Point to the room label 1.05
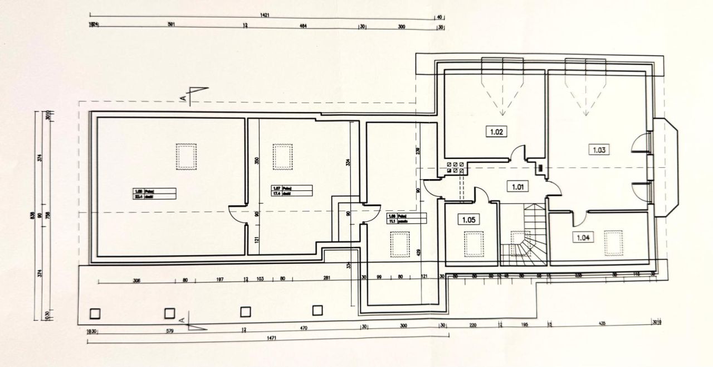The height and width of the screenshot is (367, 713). pos(468,220)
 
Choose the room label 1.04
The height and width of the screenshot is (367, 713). pos(583,238)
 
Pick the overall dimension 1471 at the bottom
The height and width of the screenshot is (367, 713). pos(271,338)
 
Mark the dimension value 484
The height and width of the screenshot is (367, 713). pos(304,26)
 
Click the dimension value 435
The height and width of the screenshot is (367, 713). pos(602,324)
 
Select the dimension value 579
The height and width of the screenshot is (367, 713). pos(170,331)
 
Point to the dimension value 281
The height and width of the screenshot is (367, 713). pos(327,278)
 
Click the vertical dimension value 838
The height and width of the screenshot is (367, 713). pos(33,215)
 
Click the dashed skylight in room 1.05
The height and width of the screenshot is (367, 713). pos(473,244)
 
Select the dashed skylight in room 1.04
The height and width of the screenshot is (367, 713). pos(614,243)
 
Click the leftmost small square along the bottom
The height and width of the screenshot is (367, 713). pos(94,313)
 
